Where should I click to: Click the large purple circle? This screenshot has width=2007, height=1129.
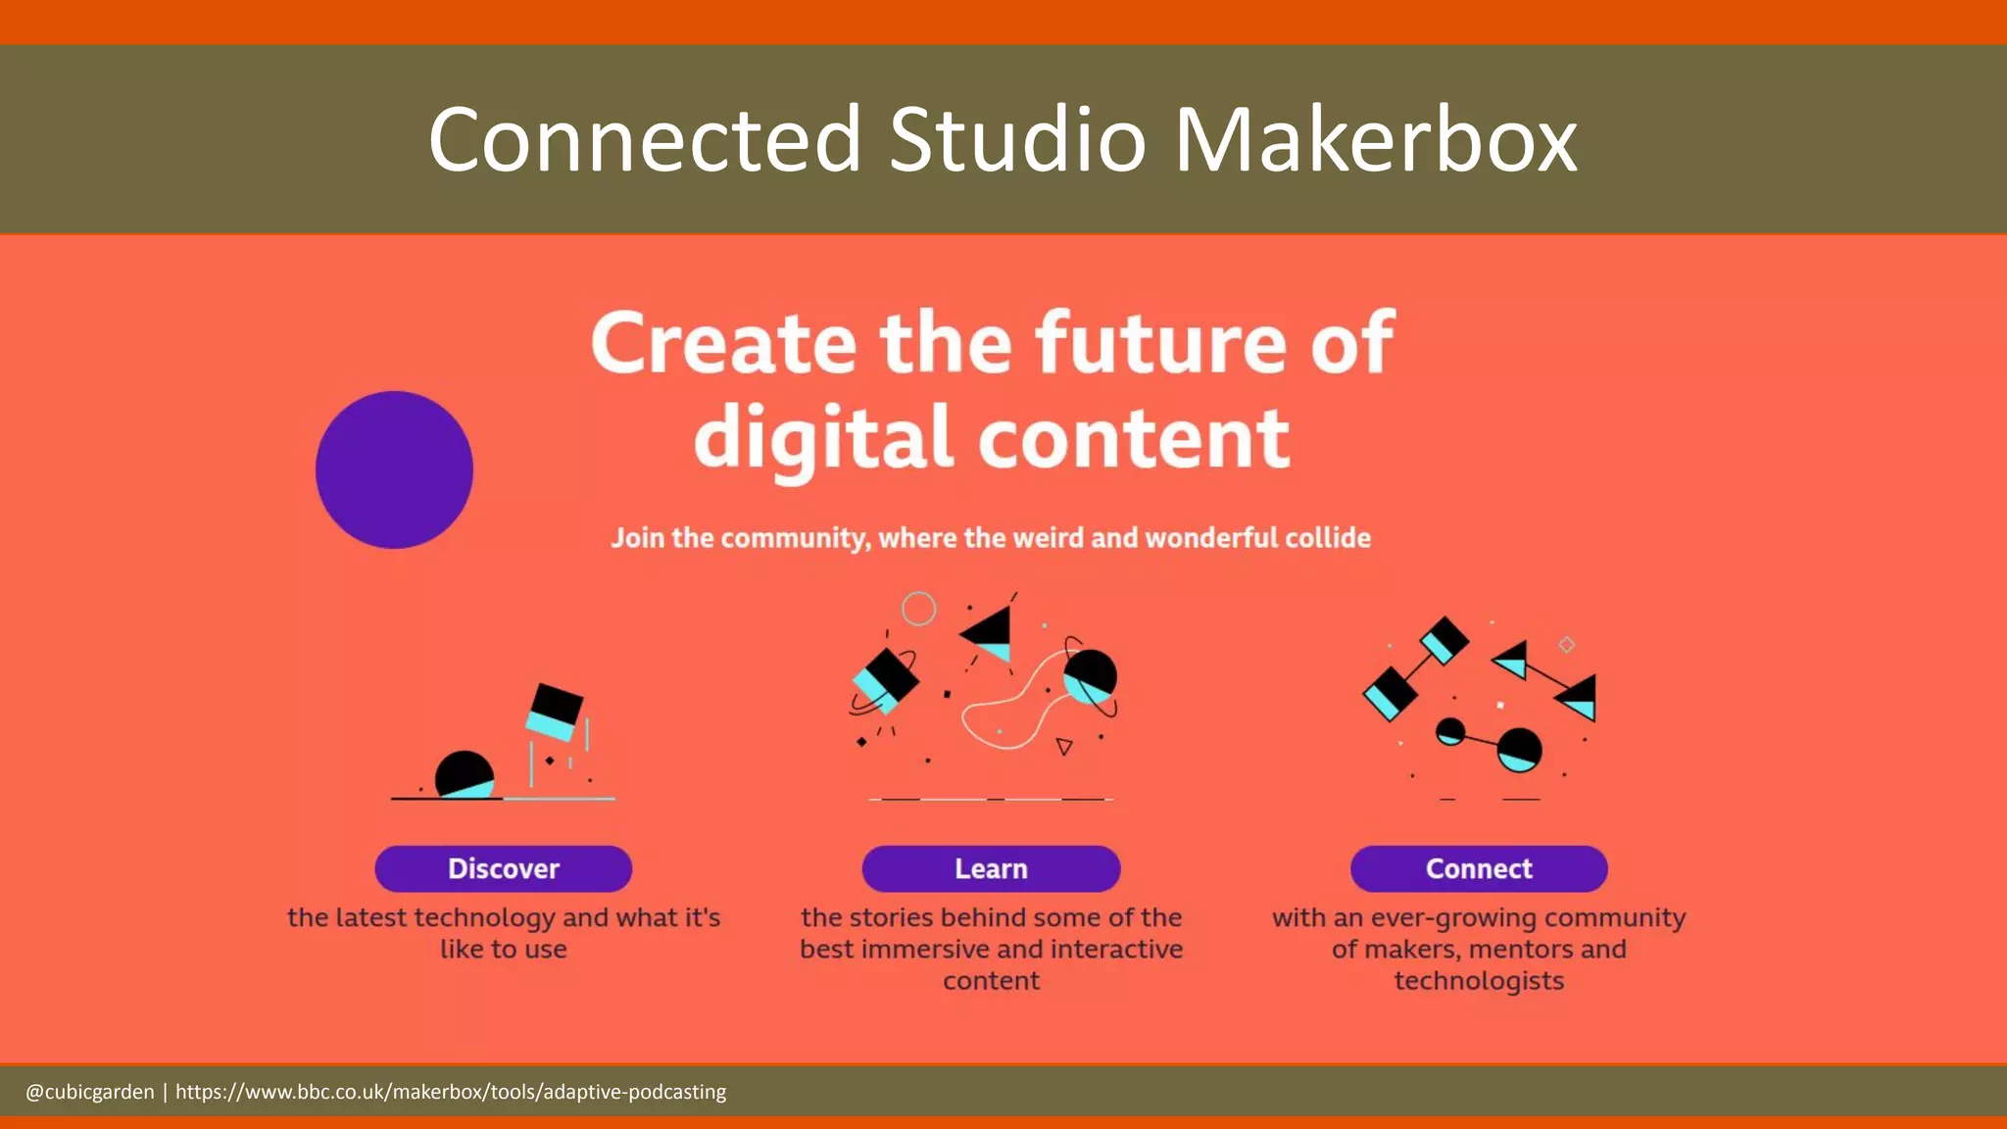pyautogui.click(x=394, y=469)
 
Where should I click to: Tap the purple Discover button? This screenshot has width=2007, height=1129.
pyautogui.click(x=503, y=868)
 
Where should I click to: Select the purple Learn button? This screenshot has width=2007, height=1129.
pyautogui.click(x=991, y=868)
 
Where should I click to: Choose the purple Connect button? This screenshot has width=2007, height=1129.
pyautogui.click(x=1479, y=868)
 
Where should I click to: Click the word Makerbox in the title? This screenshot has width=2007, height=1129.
pyautogui.click(x=1375, y=139)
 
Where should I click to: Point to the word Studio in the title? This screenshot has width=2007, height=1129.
pyautogui.click(x=1017, y=139)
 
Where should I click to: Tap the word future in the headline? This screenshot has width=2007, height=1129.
pyautogui.click(x=1160, y=343)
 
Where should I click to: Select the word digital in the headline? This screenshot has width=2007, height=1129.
pyautogui.click(x=823, y=438)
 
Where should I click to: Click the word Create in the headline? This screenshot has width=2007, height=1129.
pyautogui.click(x=723, y=343)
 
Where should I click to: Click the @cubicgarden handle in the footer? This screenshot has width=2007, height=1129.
pyautogui.click(x=90, y=1092)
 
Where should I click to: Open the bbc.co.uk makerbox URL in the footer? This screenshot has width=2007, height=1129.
pyautogui.click(x=451, y=1092)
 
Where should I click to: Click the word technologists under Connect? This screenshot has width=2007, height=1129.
pyautogui.click(x=1479, y=981)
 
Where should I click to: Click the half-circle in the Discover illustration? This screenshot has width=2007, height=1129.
pyautogui.click(x=464, y=774)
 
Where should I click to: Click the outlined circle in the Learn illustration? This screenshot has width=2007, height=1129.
pyautogui.click(x=918, y=609)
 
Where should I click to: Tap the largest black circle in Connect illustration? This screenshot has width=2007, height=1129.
pyautogui.click(x=1519, y=750)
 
